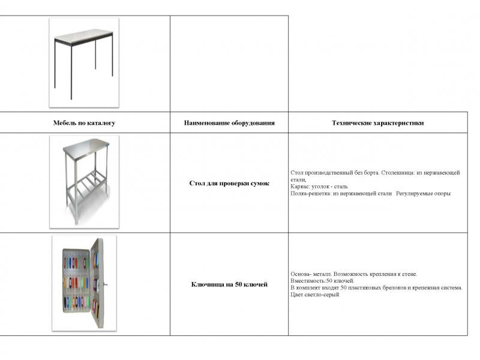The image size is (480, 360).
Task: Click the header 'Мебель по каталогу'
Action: pyautogui.click(x=84, y=123)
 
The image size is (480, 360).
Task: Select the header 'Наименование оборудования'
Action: pyautogui.click(x=229, y=123)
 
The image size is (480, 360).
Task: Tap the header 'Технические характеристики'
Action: pyautogui.click(x=377, y=123)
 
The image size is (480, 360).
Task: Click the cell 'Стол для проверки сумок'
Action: pyautogui.click(x=229, y=183)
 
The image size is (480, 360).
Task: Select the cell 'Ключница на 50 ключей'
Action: pyautogui.click(x=229, y=284)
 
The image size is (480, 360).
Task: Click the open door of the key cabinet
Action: pyautogui.click(x=97, y=282)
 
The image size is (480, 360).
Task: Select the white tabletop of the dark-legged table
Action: pyautogui.click(x=83, y=37)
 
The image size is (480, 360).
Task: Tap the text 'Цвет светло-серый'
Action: pyautogui.click(x=314, y=295)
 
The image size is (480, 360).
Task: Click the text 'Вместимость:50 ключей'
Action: pyautogui.click(x=322, y=281)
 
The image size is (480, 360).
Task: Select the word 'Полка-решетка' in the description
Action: pyautogui.click(x=310, y=194)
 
